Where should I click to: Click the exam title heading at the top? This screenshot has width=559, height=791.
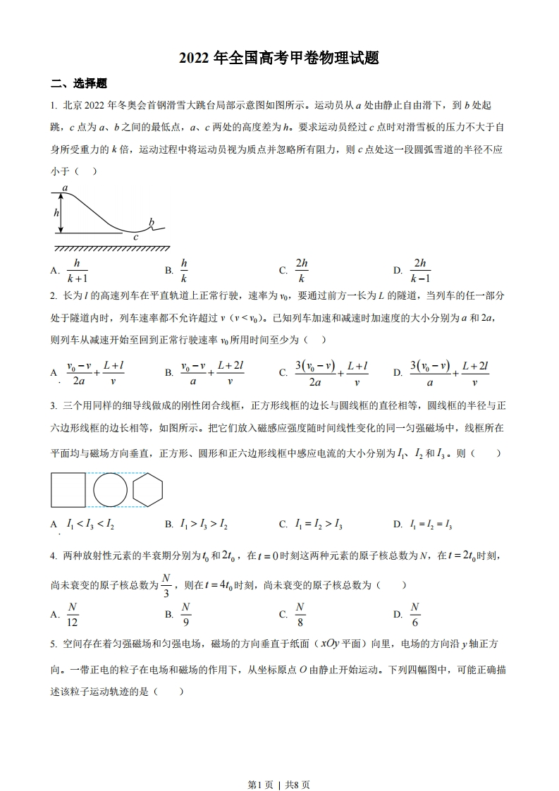coord(279,59)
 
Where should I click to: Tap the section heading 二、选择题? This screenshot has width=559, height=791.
coord(79,84)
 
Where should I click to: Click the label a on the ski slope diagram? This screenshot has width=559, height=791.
coord(65,188)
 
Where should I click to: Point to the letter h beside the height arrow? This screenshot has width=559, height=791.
coord(56,212)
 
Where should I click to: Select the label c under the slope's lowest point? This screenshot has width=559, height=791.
coord(135,238)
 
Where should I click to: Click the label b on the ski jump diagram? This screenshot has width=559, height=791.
coord(151,223)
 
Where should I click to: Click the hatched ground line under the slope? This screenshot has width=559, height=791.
coord(111,249)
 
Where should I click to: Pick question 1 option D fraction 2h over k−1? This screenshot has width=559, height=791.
coord(421,270)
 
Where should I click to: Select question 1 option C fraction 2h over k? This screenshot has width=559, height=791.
coord(302,270)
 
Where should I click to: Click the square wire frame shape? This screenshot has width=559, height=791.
coord(68,490)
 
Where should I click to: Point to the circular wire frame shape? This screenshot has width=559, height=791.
coord(111,490)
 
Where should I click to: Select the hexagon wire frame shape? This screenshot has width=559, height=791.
coord(148,490)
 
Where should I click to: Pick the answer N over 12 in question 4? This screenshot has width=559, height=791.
coord(73,614)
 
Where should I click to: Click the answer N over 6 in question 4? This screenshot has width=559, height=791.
coord(415,614)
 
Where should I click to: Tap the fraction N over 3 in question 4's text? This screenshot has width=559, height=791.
coord(166,585)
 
